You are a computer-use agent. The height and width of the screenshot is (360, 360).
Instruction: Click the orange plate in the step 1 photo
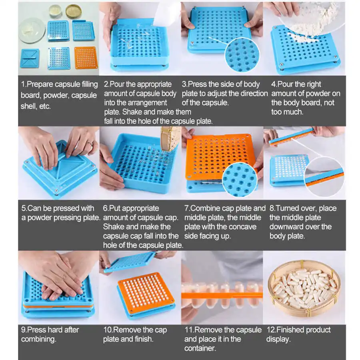pyautogui.click(x=86, y=58)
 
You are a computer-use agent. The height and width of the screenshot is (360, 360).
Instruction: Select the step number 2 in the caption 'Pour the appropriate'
pyautogui.click(x=106, y=84)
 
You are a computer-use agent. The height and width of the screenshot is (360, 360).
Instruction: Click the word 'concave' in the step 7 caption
pyautogui.click(x=242, y=227)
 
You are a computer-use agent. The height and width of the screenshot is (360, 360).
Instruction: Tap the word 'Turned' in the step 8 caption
pyautogui.click(x=290, y=208)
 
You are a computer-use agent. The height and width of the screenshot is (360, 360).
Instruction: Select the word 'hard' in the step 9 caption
pyautogui.click(x=59, y=330)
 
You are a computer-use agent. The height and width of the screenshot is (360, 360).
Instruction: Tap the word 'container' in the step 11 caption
pyautogui.click(x=200, y=348)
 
